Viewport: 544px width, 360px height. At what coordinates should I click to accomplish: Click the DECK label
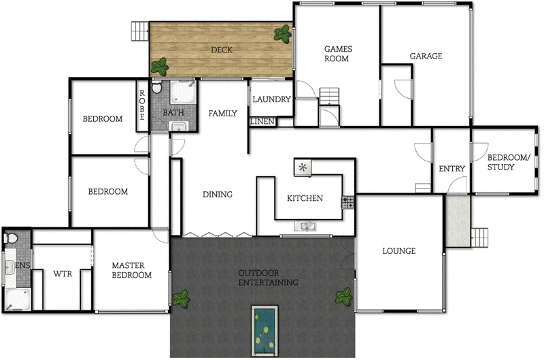222,50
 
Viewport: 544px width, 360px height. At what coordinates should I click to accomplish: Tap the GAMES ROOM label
336,54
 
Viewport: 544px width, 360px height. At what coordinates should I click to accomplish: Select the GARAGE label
426,56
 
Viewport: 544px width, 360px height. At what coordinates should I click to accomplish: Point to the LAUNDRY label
271,99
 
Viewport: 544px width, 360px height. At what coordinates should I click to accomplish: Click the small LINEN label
262,122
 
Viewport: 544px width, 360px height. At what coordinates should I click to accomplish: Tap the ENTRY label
452,169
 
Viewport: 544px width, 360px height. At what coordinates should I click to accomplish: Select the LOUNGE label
398,251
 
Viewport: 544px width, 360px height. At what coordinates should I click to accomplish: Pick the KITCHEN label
305,198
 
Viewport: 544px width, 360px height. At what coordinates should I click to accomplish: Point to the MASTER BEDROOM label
131,270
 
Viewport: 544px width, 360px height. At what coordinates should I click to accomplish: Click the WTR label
62,275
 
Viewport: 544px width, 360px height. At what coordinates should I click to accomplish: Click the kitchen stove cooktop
347,201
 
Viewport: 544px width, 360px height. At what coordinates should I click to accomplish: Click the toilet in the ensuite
10,239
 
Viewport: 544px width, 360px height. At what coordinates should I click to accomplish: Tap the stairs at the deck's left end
139,31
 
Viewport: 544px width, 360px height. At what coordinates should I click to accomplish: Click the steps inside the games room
329,95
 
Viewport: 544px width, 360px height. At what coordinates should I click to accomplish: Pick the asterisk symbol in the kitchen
303,167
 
